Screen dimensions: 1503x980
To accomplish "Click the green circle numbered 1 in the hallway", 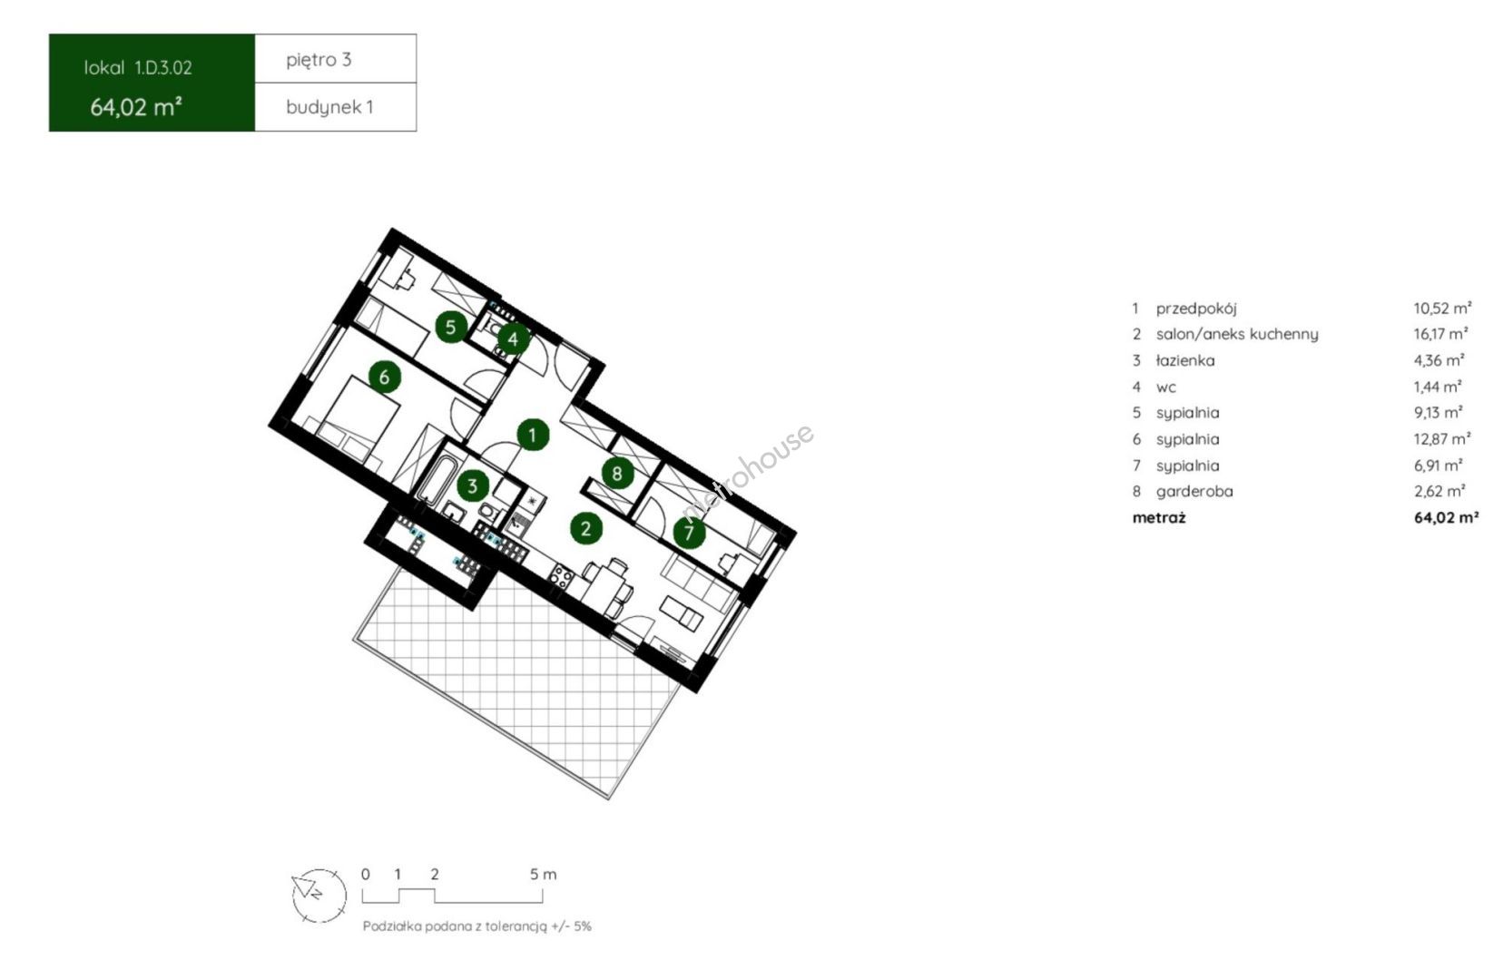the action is (533, 436).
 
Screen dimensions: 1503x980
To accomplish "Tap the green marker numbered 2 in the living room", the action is (585, 529).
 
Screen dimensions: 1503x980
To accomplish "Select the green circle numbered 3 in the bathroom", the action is (472, 485).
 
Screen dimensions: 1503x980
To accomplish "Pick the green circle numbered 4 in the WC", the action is (513, 338).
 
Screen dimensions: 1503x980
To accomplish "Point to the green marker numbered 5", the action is (451, 327).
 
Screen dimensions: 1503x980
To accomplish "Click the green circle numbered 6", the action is (385, 377).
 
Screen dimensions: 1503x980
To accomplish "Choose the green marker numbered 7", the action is (689, 534).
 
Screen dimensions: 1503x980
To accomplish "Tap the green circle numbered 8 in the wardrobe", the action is (616, 474).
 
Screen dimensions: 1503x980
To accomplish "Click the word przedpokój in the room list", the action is (1195, 309).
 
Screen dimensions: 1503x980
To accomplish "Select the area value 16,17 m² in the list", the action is (1440, 333).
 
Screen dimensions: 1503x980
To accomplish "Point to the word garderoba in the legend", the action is (1194, 492).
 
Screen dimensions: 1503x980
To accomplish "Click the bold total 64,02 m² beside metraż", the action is (1446, 517).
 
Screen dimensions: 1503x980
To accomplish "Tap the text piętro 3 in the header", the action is (319, 61).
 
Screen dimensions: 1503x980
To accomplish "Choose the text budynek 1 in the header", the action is (329, 107).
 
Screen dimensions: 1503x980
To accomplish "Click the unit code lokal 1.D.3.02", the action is (138, 68).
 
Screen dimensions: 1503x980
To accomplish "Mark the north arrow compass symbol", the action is (319, 895).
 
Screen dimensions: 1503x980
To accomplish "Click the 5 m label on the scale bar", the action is (544, 874).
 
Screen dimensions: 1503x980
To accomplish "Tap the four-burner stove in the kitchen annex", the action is (561, 577).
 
